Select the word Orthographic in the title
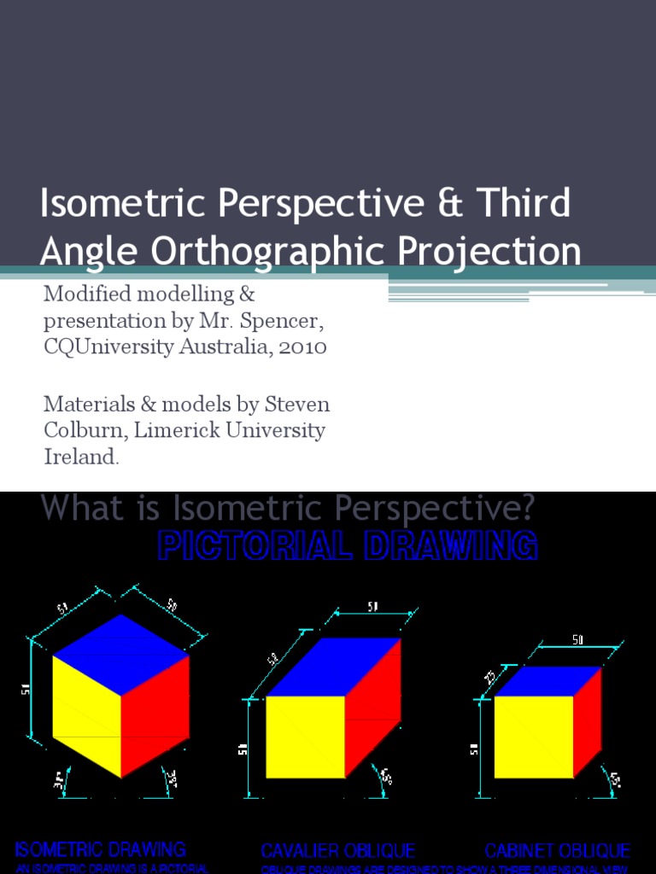click(287, 252)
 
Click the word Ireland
click(80, 457)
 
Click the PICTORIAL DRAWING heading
click(348, 545)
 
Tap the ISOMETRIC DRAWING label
click(100, 849)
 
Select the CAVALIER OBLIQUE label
click(338, 851)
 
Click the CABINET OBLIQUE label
click(558, 851)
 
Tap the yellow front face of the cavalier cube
click(305, 736)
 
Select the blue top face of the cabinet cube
click(547, 680)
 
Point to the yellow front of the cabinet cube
click(534, 737)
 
